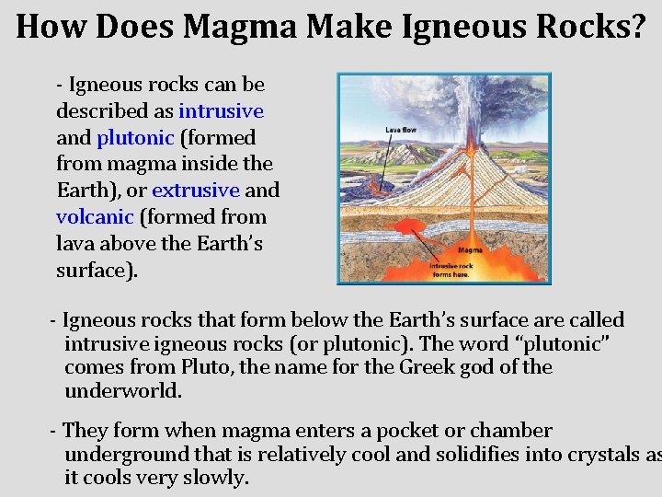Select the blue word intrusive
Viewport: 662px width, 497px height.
[221, 111]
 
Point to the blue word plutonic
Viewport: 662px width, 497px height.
[135, 138]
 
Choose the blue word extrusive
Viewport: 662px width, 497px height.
[196, 191]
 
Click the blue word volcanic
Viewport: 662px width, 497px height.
[95, 218]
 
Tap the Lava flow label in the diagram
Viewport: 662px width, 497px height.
[401, 130]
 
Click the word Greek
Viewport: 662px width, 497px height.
[430, 367]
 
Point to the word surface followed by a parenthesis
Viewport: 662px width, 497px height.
[92, 272]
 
